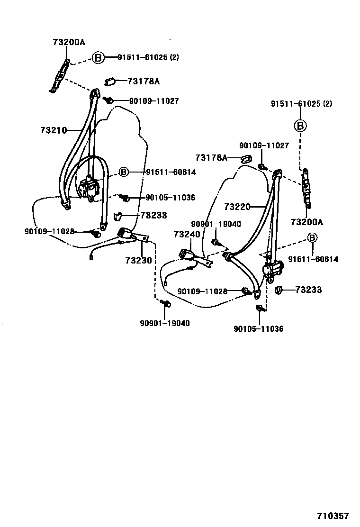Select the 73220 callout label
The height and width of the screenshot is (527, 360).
tap(236, 207)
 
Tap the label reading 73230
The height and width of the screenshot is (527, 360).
tap(138, 260)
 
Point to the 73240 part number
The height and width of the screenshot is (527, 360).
tap(186, 234)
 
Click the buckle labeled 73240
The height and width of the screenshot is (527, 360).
tap(187, 254)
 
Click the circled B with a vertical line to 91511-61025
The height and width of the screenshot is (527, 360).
tap(300, 126)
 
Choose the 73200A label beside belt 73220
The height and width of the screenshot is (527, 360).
tap(306, 222)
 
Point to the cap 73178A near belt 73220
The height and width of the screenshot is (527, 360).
tap(247, 158)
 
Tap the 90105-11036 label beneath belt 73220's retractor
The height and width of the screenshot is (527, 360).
tap(258, 328)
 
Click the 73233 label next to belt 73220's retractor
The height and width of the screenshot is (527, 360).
tap(308, 290)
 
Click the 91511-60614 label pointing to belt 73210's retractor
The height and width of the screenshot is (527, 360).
tap(164, 172)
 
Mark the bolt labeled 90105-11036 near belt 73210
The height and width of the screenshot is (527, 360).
tap(126, 197)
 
